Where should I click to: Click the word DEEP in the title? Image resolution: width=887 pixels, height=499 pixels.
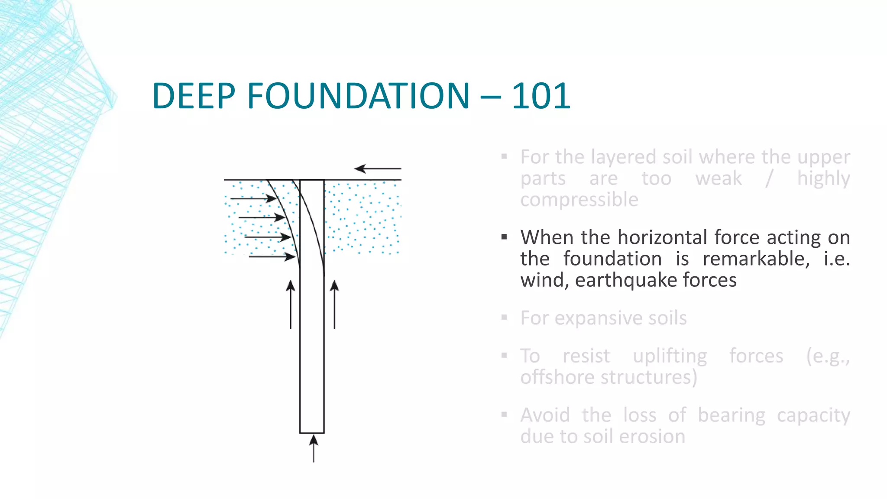[x=194, y=96]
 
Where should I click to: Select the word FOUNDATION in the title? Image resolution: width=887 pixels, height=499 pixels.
[x=358, y=96]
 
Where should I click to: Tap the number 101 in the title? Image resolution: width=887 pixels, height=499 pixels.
[x=541, y=96]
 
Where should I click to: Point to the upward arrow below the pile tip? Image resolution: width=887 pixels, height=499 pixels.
[x=314, y=449]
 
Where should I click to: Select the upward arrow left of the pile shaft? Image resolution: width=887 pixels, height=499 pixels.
[x=291, y=304]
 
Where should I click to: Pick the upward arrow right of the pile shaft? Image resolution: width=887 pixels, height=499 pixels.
[x=334, y=304]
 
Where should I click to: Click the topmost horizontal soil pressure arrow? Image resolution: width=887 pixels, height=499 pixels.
[x=253, y=198]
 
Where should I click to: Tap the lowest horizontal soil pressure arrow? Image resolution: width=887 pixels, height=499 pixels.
[x=272, y=257]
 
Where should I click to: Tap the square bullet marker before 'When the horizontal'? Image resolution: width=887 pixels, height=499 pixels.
[x=504, y=237]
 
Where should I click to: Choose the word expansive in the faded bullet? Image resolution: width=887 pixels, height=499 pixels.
[x=598, y=318]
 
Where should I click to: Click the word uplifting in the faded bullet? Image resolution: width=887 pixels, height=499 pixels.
[x=670, y=356]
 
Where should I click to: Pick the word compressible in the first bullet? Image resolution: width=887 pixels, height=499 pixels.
[x=579, y=200]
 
